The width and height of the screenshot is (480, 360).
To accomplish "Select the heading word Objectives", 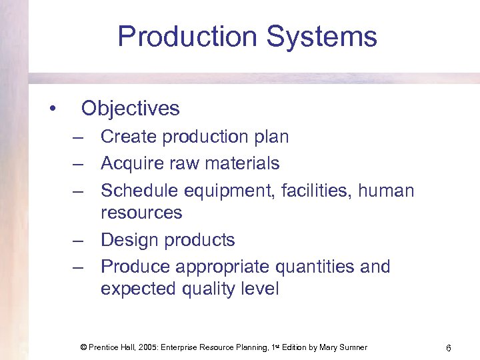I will (x=130, y=108).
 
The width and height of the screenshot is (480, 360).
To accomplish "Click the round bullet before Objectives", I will (x=51, y=109).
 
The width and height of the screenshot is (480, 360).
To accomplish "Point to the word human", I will (x=386, y=191).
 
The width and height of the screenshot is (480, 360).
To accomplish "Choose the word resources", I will (x=141, y=213).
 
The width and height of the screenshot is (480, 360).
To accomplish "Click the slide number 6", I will (x=449, y=347).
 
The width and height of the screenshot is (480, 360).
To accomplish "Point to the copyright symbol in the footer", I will (x=83, y=347).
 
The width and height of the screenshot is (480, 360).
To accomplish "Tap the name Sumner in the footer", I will (x=351, y=347).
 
